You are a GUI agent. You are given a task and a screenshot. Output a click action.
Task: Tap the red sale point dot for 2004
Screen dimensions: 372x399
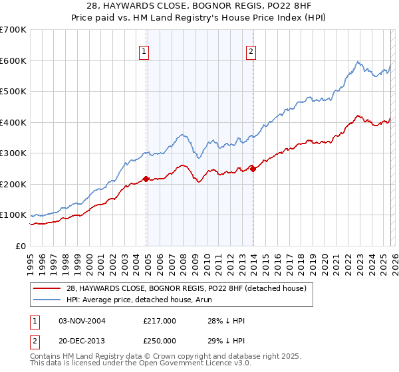[x=146, y=179]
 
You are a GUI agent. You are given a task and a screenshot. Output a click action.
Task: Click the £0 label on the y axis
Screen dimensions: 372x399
[x=21, y=246]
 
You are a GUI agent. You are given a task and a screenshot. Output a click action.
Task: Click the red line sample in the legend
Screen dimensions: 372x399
[x=45, y=288]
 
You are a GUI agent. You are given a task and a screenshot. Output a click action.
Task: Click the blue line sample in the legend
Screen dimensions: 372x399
[x=45, y=300]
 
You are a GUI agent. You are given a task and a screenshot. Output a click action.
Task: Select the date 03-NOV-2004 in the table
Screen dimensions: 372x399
[x=82, y=320]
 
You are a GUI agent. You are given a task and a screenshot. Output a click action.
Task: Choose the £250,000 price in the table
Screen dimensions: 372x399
[x=160, y=340]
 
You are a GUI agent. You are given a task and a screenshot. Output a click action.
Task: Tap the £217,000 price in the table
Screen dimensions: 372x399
[x=160, y=320]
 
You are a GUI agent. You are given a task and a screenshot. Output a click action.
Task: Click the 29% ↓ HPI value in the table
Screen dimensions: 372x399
[x=226, y=340]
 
